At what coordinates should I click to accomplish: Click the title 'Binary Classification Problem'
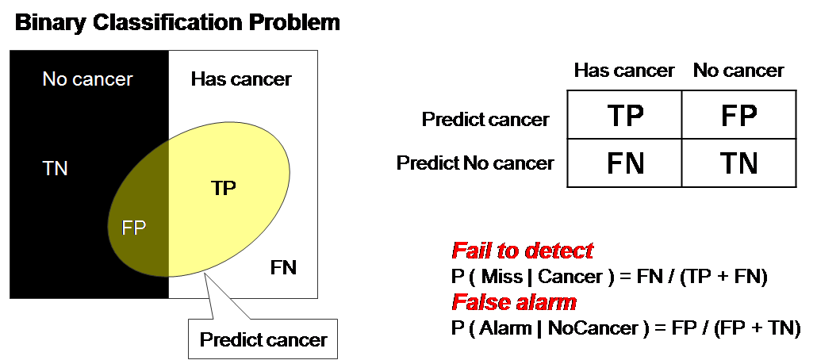coord(178,22)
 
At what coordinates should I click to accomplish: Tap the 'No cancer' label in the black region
coord(87,79)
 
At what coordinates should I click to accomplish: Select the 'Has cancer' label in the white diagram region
coord(241,79)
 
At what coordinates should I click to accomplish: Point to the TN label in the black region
coord(56,168)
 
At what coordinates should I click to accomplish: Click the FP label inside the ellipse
coord(134,228)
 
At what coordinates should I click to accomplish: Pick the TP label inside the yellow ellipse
coord(224,188)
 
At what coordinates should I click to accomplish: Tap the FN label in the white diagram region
coord(283,267)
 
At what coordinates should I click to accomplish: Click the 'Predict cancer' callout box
coord(263,340)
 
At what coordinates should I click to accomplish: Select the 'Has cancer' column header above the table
coord(624,71)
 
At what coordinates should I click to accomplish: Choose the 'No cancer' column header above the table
coord(738,71)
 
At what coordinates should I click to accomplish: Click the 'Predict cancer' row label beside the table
coord(485,120)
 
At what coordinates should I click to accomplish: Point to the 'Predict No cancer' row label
coord(475,163)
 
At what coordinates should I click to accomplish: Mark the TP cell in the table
coord(624,117)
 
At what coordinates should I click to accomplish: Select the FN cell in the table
coord(624,163)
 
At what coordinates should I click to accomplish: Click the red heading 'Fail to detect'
coord(522,251)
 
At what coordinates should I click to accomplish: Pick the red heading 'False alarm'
coord(514,302)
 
